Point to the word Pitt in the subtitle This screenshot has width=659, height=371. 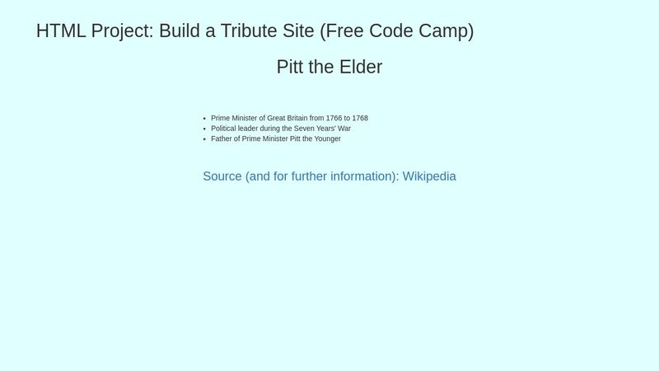coord(291,67)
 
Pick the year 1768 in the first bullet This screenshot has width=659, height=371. coord(360,118)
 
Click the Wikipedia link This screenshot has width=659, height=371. coord(429,176)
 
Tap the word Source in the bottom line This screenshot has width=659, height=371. coord(222,176)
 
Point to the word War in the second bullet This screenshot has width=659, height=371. coord(344,129)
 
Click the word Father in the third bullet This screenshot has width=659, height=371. coord(222,139)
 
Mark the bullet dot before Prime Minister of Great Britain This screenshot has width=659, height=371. coord(203,119)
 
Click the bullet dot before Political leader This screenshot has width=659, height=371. coord(203,129)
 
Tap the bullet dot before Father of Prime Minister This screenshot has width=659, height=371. coord(203,139)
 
